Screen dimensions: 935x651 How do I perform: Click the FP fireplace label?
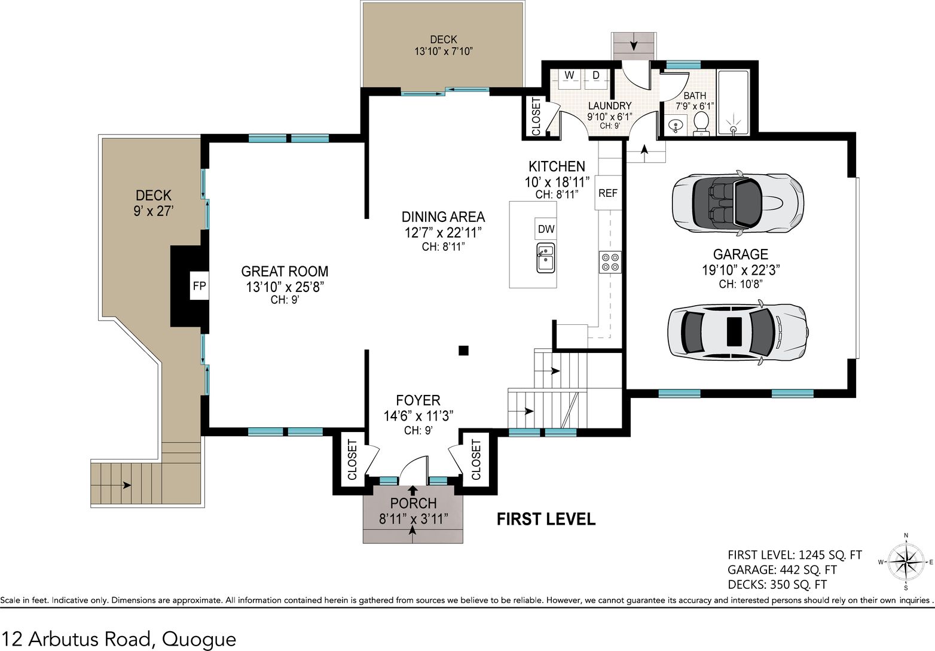(199, 286)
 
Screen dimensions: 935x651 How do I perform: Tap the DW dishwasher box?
(546, 229)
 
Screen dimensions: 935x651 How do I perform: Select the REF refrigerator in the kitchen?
(608, 193)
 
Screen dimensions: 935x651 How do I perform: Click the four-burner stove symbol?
(610, 262)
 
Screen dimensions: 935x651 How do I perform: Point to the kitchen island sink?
(546, 258)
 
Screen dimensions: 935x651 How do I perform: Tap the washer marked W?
(569, 79)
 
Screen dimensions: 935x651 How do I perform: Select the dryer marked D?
(596, 79)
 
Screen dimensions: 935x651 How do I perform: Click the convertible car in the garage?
(738, 203)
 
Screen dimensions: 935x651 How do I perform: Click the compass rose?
(906, 562)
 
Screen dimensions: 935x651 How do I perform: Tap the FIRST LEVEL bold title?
(546, 519)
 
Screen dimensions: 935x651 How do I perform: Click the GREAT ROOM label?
(285, 271)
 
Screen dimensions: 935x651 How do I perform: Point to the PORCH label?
(413, 503)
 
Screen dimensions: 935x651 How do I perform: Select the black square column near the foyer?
(463, 350)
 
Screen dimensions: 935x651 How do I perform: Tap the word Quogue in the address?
(198, 639)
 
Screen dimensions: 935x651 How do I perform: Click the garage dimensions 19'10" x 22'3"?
(741, 270)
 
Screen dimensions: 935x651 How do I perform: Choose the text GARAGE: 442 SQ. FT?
(782, 570)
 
